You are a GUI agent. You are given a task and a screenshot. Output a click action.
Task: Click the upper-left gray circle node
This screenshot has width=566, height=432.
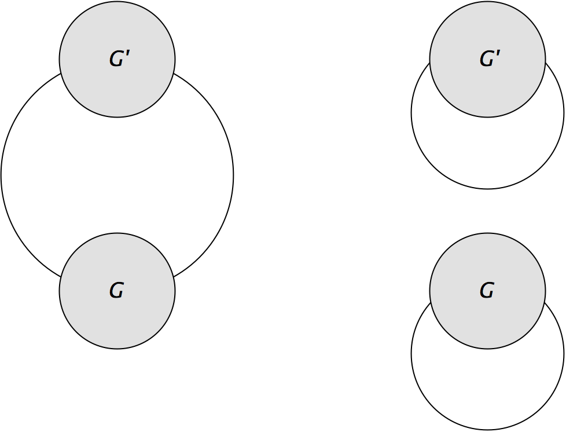[117, 59]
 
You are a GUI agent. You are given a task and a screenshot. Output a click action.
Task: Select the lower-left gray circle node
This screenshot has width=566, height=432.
[117, 291]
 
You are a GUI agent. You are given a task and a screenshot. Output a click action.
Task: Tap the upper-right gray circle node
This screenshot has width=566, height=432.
[487, 59]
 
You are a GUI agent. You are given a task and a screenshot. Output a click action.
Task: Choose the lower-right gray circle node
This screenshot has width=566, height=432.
[487, 291]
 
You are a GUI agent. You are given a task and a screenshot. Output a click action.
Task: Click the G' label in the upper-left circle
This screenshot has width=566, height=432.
[119, 58]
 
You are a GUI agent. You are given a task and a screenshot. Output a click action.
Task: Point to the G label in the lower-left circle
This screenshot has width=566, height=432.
[116, 290]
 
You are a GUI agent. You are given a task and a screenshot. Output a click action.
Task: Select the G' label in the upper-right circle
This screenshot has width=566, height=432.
[489, 58]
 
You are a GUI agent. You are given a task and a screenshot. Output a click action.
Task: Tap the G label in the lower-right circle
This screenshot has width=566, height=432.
[487, 290]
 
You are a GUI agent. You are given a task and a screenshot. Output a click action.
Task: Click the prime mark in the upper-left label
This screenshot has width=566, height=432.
[126, 54]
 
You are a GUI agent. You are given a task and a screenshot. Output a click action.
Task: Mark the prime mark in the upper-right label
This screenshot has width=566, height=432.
[497, 54]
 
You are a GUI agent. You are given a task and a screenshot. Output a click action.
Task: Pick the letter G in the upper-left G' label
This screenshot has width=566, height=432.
[116, 59]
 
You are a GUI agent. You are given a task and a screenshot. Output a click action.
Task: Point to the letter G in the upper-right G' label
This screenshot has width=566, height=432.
[486, 59]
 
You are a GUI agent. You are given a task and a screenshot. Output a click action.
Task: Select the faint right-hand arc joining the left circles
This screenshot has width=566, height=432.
[230, 174]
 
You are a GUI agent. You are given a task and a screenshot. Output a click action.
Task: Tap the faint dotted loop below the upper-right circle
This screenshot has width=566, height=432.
[487, 186]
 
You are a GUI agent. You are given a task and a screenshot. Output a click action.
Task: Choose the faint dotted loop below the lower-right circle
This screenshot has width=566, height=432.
[487, 427]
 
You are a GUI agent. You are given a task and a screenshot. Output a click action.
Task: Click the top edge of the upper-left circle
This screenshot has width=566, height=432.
[117, 3]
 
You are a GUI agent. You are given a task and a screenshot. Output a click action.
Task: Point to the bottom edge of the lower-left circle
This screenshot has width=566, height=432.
[117, 347]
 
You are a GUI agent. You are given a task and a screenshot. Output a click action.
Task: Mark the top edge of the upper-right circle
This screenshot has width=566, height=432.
[487, 3]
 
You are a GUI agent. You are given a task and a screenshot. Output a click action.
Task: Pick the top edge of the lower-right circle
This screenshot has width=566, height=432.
[487, 235]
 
